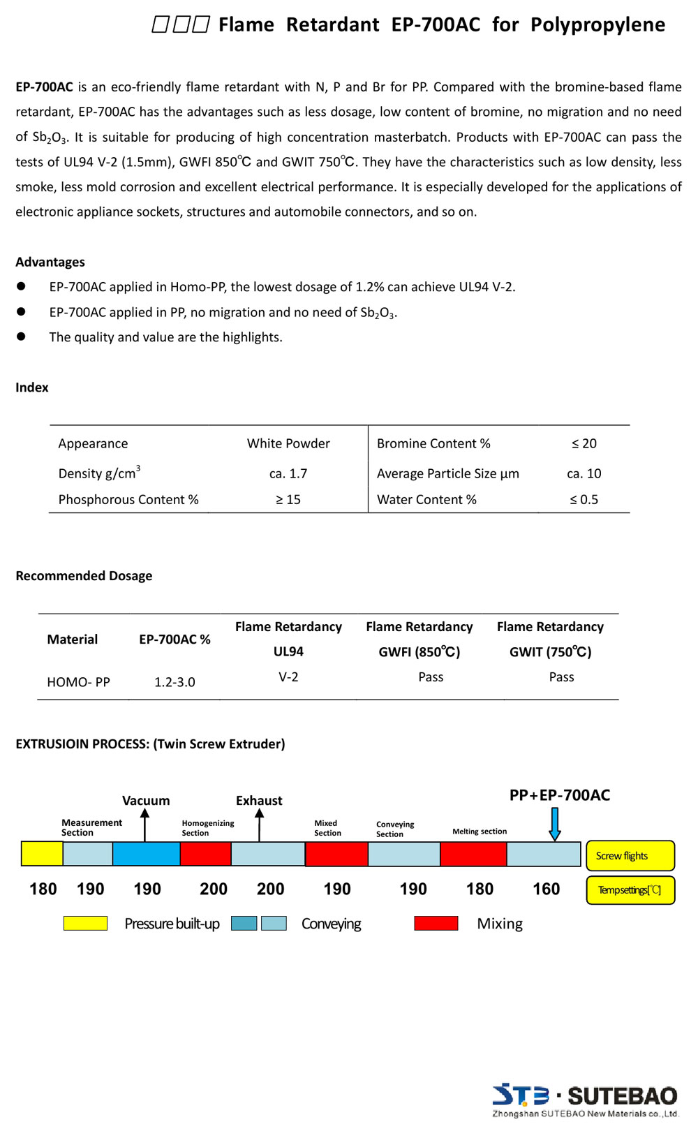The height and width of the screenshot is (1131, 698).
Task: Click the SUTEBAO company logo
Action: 585,1100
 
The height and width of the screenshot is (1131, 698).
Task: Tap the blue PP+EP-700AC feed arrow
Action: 555,824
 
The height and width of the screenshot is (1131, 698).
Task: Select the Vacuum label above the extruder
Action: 146,801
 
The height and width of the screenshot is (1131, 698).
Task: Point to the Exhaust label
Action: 259,801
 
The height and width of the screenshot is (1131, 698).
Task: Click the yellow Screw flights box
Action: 630,856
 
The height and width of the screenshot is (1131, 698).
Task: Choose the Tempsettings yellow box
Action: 630,890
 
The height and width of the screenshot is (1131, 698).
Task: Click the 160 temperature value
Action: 546,889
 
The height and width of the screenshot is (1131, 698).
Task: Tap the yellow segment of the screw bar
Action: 42,854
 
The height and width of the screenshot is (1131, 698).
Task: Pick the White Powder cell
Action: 288,443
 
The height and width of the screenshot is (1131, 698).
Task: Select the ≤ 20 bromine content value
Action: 584,443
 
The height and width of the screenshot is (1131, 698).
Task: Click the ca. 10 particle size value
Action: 584,473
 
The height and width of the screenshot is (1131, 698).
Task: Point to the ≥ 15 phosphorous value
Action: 288,499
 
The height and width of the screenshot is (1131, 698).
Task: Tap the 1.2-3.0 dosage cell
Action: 174,682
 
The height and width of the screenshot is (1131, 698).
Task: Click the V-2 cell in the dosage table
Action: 288,677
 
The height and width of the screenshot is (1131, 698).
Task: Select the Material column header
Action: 73,640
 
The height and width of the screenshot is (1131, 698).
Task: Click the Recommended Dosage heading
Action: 84,576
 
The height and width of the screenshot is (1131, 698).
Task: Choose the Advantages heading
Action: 50,262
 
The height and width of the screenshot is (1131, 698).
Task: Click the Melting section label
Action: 480,831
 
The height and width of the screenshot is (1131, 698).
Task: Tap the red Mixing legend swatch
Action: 436,924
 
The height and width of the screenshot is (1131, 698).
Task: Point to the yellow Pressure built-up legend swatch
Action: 85,924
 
